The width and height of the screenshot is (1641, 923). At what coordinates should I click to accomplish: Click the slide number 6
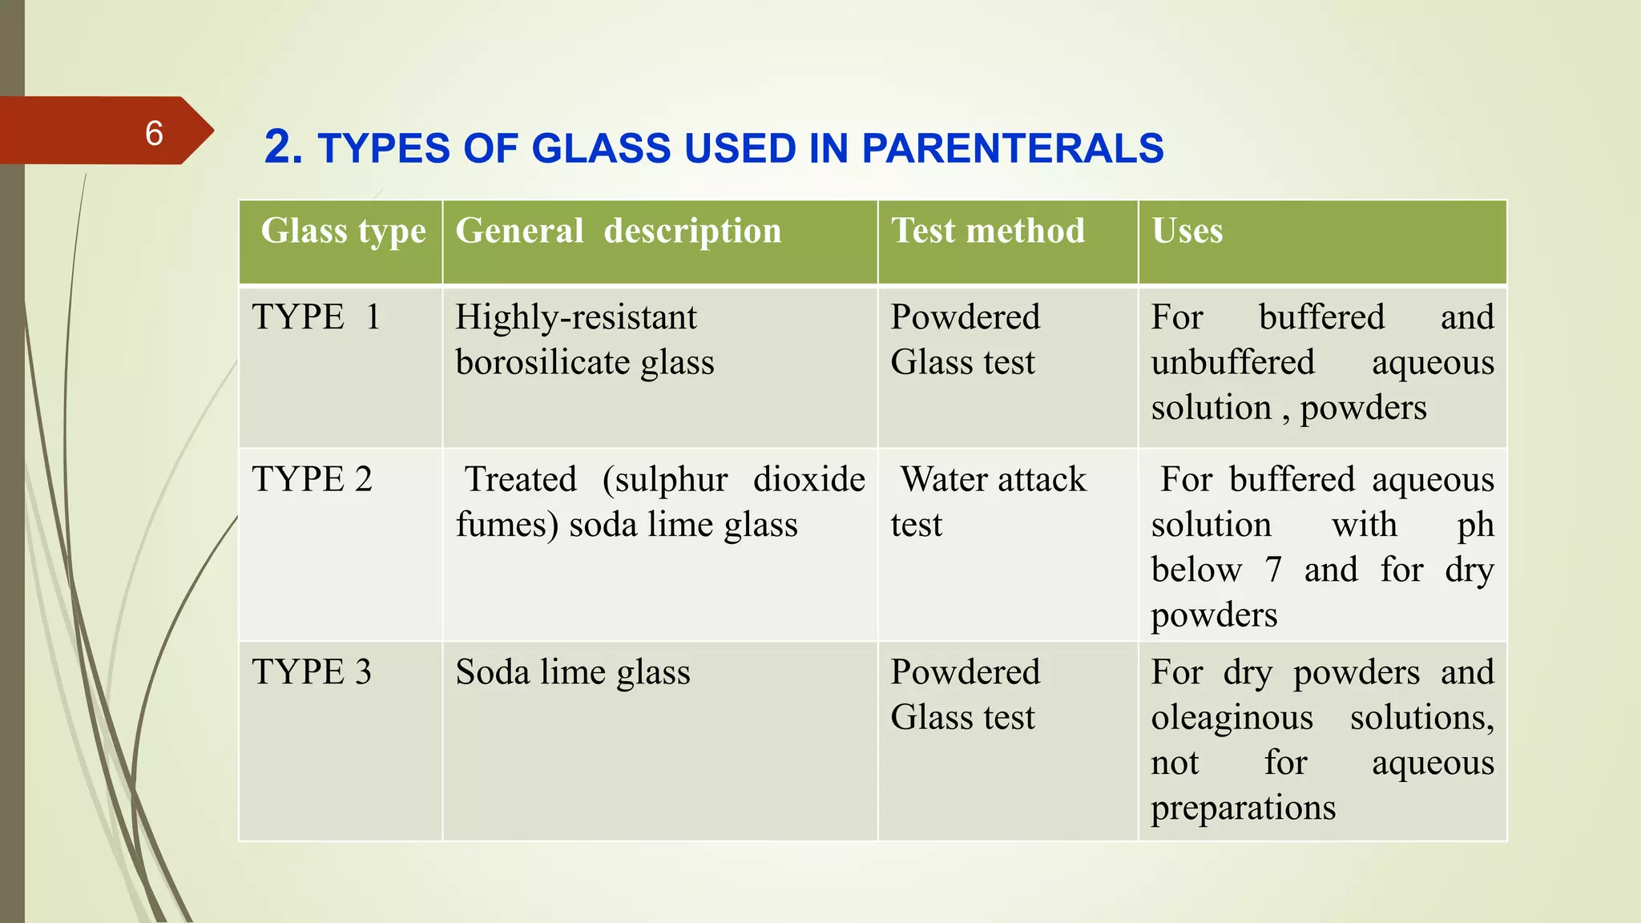pos(154,133)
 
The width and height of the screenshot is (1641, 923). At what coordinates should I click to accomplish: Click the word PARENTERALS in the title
pos(1012,149)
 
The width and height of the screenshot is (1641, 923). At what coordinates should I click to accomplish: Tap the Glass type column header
pos(343,232)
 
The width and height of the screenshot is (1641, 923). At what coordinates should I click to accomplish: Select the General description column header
pos(618,232)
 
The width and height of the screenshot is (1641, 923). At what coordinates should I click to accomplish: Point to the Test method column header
pos(988,232)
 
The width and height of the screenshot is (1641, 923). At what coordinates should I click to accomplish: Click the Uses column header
pos(1187,232)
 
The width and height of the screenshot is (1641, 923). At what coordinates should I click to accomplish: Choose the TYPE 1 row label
pos(316,317)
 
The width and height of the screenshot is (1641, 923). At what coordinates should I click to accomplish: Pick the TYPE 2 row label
pos(312,480)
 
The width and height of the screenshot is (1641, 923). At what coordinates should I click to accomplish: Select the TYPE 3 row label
pos(312,672)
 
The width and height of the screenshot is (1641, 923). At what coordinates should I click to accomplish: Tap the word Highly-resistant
pos(575,318)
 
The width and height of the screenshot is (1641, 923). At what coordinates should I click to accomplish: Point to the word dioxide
pos(808,480)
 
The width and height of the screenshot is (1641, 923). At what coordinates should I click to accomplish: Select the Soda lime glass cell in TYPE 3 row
pos(572,672)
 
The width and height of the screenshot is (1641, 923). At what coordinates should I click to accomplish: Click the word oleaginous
pos(1232,718)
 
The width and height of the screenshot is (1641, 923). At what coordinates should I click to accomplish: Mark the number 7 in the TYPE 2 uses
pos(1273,570)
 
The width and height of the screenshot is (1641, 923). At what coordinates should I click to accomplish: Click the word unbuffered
pos(1232,363)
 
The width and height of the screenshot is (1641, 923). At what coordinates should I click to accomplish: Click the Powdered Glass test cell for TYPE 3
pos(965,695)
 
